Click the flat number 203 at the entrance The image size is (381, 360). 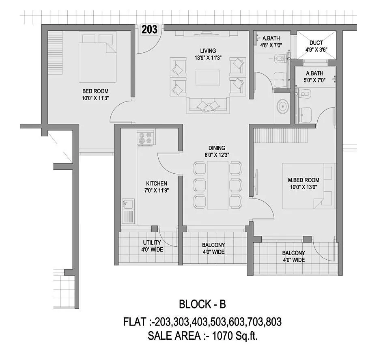[x=149, y=30]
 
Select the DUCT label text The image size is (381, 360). [x=316, y=43]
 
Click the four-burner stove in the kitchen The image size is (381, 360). [x=146, y=138]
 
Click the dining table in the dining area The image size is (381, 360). [x=217, y=185]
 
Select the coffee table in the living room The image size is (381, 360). [x=207, y=77]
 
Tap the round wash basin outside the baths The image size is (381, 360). [x=282, y=107]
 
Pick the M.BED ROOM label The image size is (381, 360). [x=303, y=180]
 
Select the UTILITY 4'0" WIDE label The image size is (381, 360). [x=152, y=246]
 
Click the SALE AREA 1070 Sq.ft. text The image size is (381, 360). [x=202, y=336]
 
